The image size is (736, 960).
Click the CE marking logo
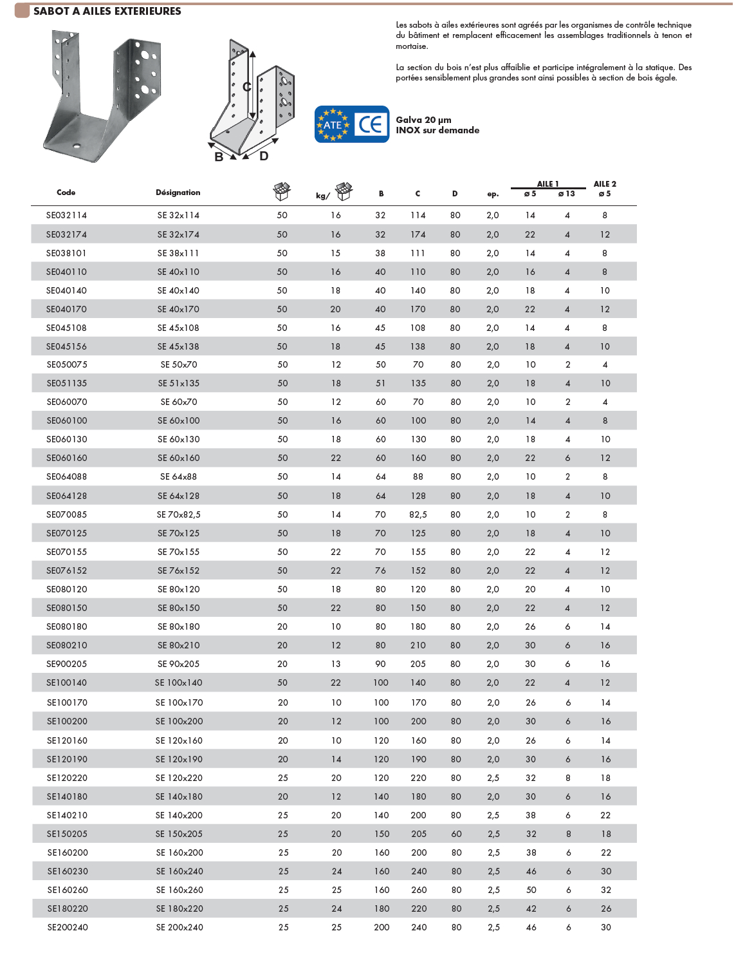pyautogui.click(x=371, y=124)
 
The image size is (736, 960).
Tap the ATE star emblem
pyautogui.click(x=333, y=125)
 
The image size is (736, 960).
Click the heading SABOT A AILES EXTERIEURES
pyautogui.click(x=107, y=11)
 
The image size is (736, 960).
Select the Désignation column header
pyautogui.click(x=178, y=193)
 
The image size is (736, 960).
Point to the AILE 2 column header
pyautogui.click(x=605, y=184)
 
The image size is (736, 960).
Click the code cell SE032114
pyautogui.click(x=66, y=216)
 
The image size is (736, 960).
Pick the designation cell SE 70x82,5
pyautogui.click(x=179, y=515)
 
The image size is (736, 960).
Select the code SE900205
pyautogui.click(x=66, y=664)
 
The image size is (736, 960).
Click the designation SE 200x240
pyautogui.click(x=179, y=928)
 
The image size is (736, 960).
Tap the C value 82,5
pyautogui.click(x=418, y=515)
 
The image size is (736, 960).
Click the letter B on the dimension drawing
pyautogui.click(x=219, y=157)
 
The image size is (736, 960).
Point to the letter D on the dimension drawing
pyautogui.click(x=264, y=156)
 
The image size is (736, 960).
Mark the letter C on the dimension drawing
pyautogui.click(x=246, y=87)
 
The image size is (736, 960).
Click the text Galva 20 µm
pyautogui.click(x=423, y=120)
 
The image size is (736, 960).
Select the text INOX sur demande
pyautogui.click(x=437, y=130)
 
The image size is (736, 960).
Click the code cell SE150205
pyautogui.click(x=67, y=834)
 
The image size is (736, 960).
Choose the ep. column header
pyautogui.click(x=493, y=194)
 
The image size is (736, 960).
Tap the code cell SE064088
pyautogui.click(x=66, y=477)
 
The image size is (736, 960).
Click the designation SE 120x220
pyautogui.click(x=179, y=778)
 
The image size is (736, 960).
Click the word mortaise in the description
pyautogui.click(x=412, y=46)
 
